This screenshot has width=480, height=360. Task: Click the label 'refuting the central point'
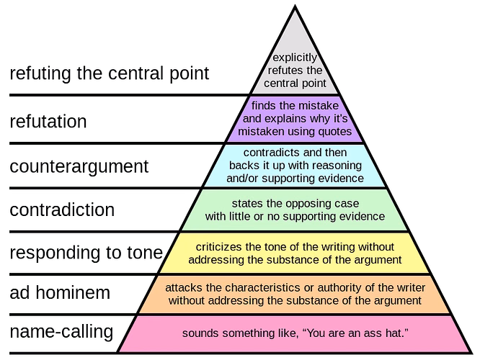click(x=110, y=73)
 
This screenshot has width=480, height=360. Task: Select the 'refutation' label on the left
click(x=48, y=122)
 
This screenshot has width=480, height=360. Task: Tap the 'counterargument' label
click(x=79, y=167)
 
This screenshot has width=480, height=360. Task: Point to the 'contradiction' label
click(x=62, y=210)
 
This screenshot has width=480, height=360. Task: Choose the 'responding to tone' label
click(x=86, y=253)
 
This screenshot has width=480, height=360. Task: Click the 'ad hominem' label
click(x=60, y=292)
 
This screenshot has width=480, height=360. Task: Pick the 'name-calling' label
click(x=61, y=332)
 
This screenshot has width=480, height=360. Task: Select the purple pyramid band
click(x=295, y=120)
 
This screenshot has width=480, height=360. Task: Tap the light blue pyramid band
click(x=295, y=166)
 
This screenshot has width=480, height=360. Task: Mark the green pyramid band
click(x=295, y=210)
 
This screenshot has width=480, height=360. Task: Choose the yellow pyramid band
click(x=295, y=253)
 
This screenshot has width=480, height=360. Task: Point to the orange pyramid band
click(x=295, y=294)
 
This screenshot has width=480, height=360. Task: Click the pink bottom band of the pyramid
click(x=295, y=333)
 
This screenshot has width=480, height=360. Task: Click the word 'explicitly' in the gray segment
click(x=295, y=58)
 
